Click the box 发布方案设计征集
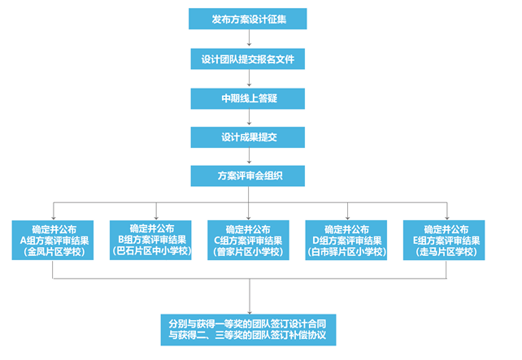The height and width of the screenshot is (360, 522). tap(248, 19)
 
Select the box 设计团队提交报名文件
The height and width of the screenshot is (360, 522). tap(248, 59)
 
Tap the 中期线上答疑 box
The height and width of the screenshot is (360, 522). tap(248, 98)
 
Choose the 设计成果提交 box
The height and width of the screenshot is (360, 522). tap(248, 137)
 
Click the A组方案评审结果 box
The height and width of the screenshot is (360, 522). tap(53, 240)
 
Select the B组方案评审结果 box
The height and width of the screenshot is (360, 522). tap(151, 240)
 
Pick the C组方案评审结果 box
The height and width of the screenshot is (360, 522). tap(248, 240)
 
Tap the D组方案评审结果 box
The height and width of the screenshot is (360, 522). tap(346, 240)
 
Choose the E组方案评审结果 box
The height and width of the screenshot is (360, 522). tap(444, 240)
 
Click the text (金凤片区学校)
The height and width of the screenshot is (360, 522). tap(53, 252)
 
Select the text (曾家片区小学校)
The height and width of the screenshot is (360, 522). tap(248, 252)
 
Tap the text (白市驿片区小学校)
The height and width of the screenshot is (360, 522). tap(346, 252)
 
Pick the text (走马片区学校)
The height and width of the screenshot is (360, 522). tap(444, 252)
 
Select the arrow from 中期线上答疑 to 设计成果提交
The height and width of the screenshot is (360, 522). tap(248, 118)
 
